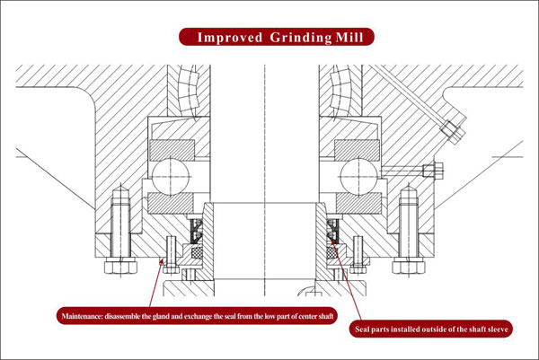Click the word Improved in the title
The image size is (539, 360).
click(x=230, y=37)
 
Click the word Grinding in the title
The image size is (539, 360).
click(x=301, y=38)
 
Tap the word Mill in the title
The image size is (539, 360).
click(x=349, y=37)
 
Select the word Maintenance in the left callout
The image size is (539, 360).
click(x=82, y=316)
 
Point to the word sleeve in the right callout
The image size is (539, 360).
click(x=496, y=329)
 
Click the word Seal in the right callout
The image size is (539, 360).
click(x=362, y=329)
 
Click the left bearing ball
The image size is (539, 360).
click(x=171, y=177)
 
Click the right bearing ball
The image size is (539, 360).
click(x=358, y=177)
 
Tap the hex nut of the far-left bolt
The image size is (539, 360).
click(x=120, y=266)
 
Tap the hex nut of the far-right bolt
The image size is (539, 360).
click(x=409, y=266)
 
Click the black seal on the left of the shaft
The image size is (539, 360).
click(x=197, y=231)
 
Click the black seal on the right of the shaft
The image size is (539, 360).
click(x=332, y=231)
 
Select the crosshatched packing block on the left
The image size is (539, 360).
click(x=196, y=253)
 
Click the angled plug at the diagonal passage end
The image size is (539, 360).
click(x=453, y=132)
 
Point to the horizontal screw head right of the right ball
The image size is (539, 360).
click(x=433, y=171)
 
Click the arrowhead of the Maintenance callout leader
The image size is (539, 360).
click(x=161, y=263)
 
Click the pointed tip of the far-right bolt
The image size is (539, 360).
click(x=409, y=186)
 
